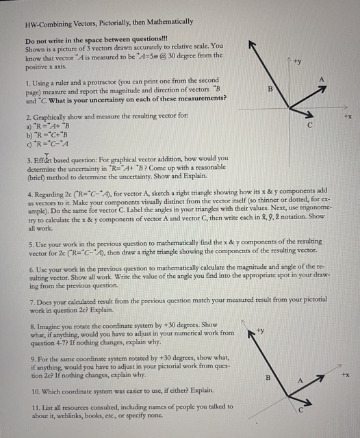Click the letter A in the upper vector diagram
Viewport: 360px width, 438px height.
[321, 80]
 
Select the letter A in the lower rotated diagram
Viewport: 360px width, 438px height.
[299, 379]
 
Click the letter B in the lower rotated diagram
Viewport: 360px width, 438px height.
[268, 378]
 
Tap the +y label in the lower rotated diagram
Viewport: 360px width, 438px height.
[259, 331]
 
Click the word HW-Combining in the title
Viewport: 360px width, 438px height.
[48, 22]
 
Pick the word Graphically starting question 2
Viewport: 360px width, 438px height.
[54, 118]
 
